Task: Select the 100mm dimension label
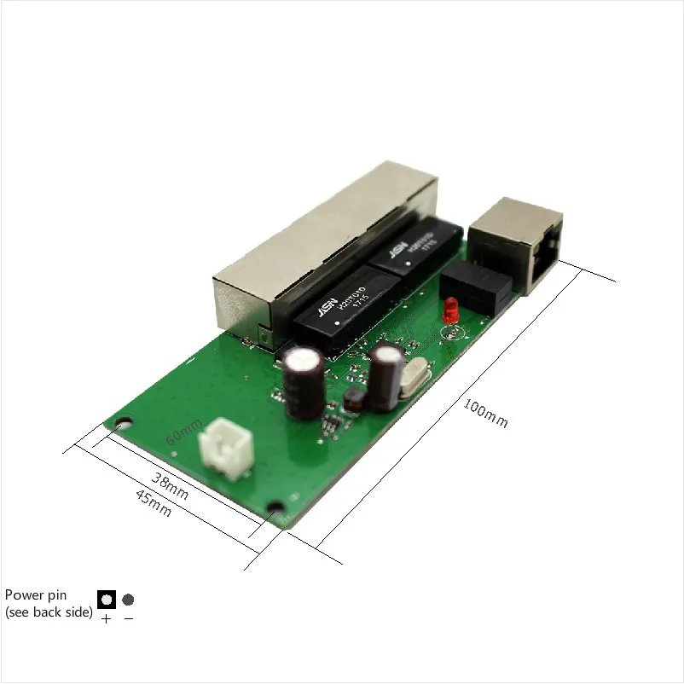click(484, 413)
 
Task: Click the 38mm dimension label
click(171, 484)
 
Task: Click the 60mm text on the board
click(183, 430)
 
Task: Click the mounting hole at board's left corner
click(125, 421)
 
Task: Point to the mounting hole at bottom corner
click(275, 508)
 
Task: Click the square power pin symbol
click(107, 599)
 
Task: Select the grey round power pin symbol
click(128, 600)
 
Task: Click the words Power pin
click(36, 594)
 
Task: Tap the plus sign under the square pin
click(106, 619)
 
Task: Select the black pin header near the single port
click(479, 286)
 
